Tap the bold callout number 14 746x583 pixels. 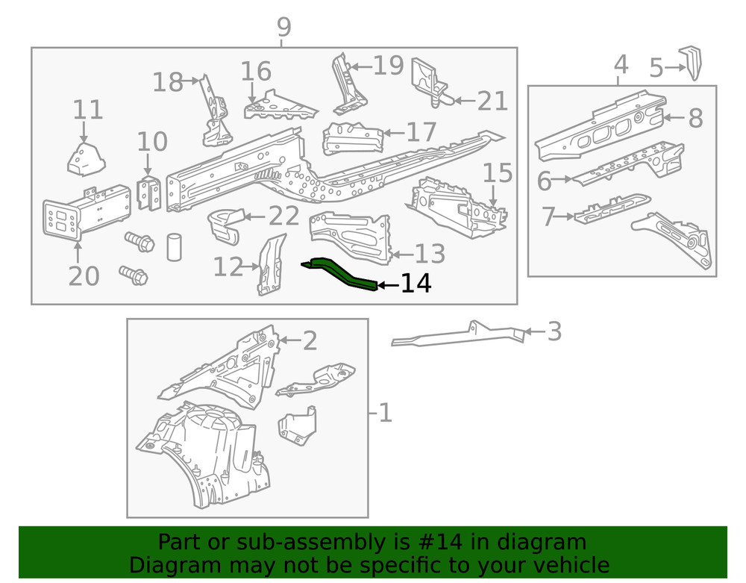416,284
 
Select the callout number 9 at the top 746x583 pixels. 283,28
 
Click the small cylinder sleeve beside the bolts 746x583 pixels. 174,246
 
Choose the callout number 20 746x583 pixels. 83,275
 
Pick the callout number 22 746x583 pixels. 283,217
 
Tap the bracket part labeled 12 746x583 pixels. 272,264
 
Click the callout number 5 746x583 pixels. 656,69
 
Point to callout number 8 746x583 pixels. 695,118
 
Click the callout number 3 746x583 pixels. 554,331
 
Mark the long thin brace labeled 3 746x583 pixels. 455,336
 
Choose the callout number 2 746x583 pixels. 310,341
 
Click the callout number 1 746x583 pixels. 385,412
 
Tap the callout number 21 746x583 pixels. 492,100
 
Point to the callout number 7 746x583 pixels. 549,217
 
